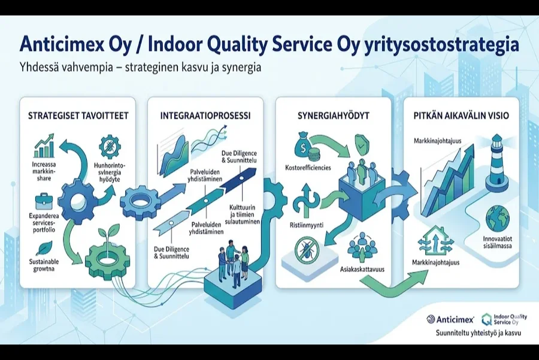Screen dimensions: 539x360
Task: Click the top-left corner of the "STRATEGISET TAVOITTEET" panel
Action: pyautogui.click(x=20, y=97)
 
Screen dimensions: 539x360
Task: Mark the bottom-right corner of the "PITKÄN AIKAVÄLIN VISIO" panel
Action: pyautogui.click(x=519, y=288)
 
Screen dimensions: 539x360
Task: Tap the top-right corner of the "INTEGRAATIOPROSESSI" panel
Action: pyautogui.click(x=264, y=97)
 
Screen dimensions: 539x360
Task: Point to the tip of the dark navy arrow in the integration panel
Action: pyautogui.click(x=256, y=168)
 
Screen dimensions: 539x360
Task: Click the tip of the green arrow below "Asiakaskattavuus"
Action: pyautogui.click(x=429, y=271)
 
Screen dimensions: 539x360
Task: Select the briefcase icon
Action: pyautogui.click(x=45, y=201)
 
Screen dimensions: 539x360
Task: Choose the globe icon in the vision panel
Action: pyautogui.click(x=498, y=219)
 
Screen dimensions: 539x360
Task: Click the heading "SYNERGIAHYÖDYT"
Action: pyautogui.click(x=334, y=116)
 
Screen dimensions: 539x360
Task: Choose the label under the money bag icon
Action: pyautogui.click(x=308, y=168)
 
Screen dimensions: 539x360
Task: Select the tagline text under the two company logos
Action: pyautogui.click(x=478, y=333)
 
